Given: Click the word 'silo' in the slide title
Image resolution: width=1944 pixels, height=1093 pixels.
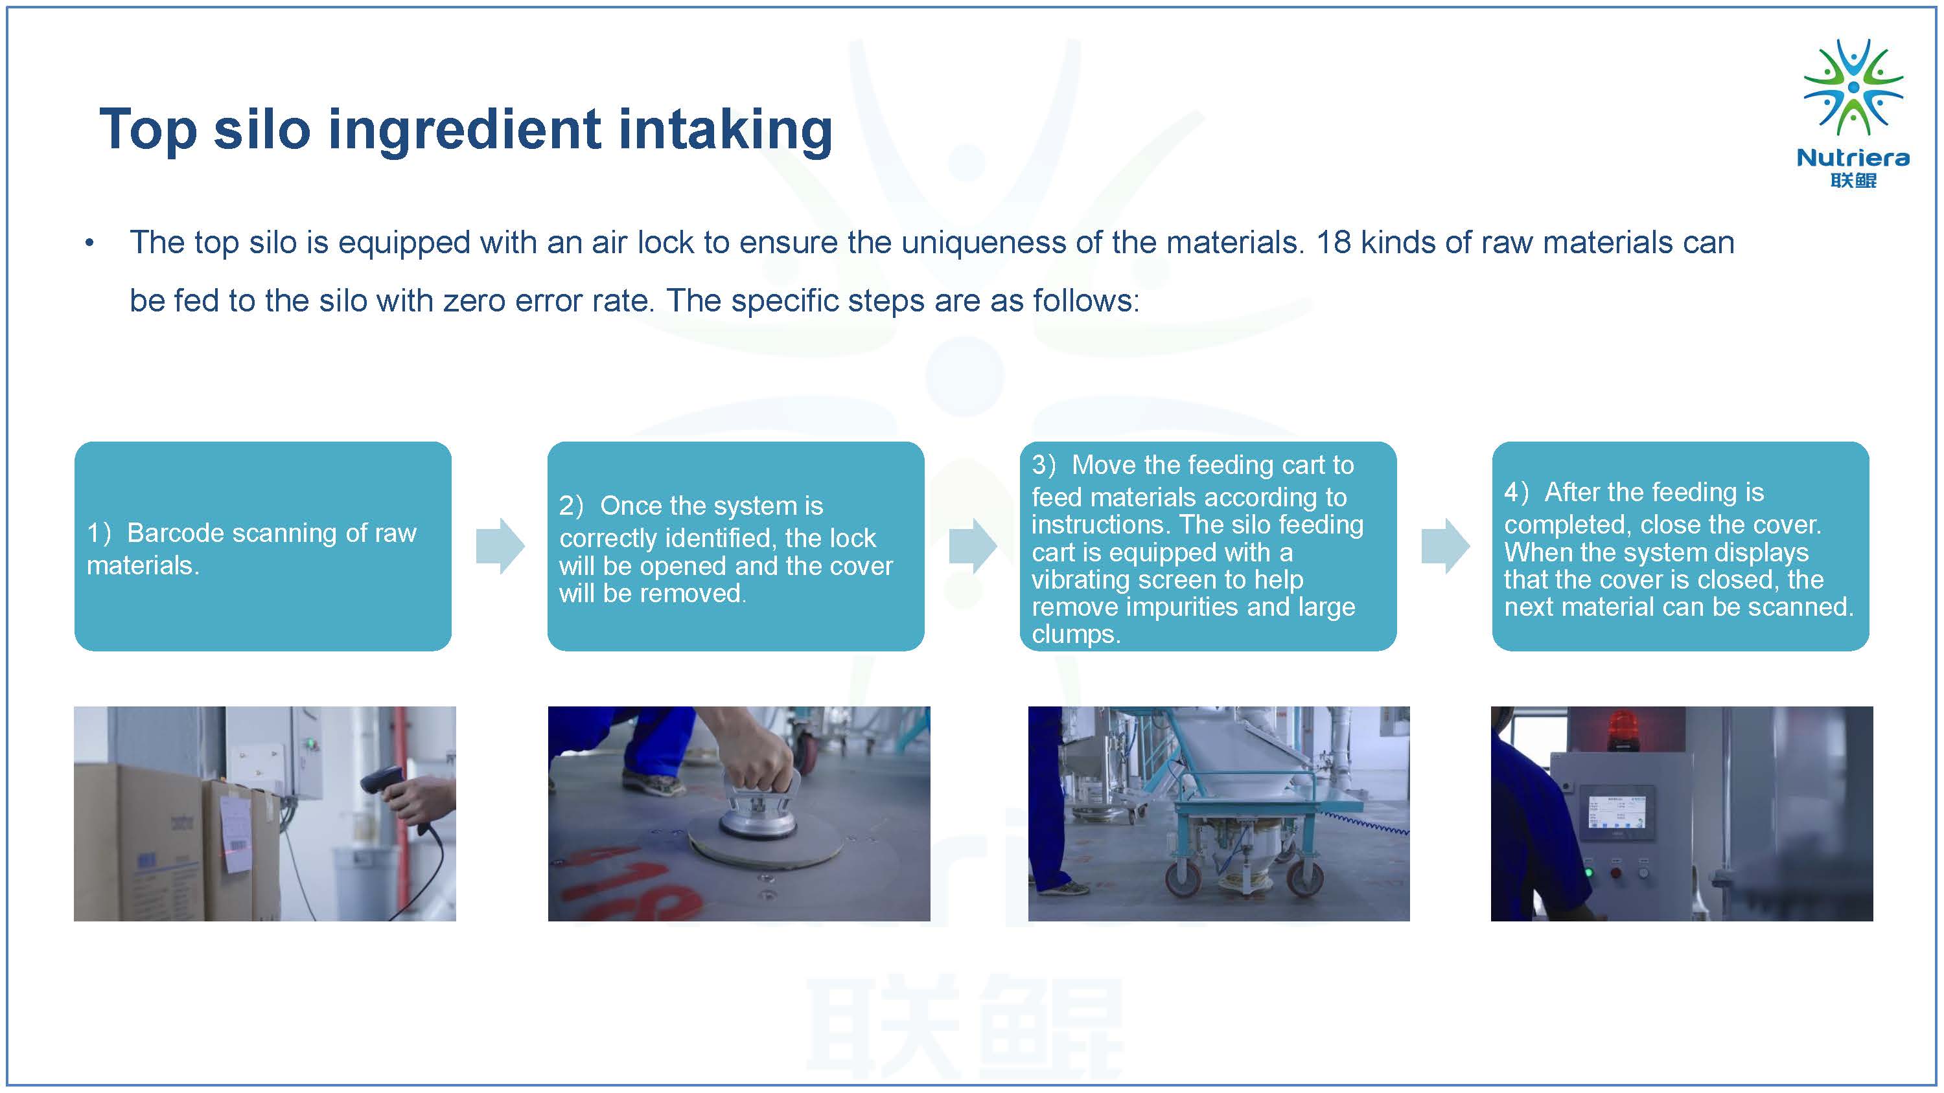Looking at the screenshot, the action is pyautogui.click(x=261, y=129).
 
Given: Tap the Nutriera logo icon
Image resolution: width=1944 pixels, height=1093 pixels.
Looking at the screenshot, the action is pyautogui.click(x=1853, y=87).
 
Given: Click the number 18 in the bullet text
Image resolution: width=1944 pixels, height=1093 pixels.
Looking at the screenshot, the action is pyautogui.click(x=1334, y=243).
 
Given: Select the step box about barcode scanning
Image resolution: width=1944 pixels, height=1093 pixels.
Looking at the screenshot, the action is pyautogui.click(x=262, y=546).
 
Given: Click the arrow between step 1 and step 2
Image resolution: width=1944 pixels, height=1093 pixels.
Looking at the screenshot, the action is pyautogui.click(x=500, y=546).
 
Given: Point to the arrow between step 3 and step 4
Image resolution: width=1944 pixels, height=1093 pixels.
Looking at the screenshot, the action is pyautogui.click(x=1445, y=546).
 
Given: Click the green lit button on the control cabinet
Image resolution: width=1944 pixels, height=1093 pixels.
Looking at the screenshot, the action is pyautogui.click(x=1588, y=873).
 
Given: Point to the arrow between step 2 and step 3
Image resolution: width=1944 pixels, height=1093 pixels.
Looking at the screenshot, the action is pyautogui.click(x=973, y=546).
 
